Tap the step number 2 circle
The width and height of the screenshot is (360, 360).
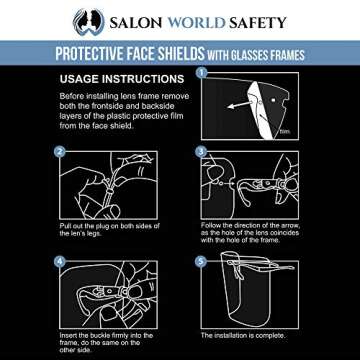(59, 153)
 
